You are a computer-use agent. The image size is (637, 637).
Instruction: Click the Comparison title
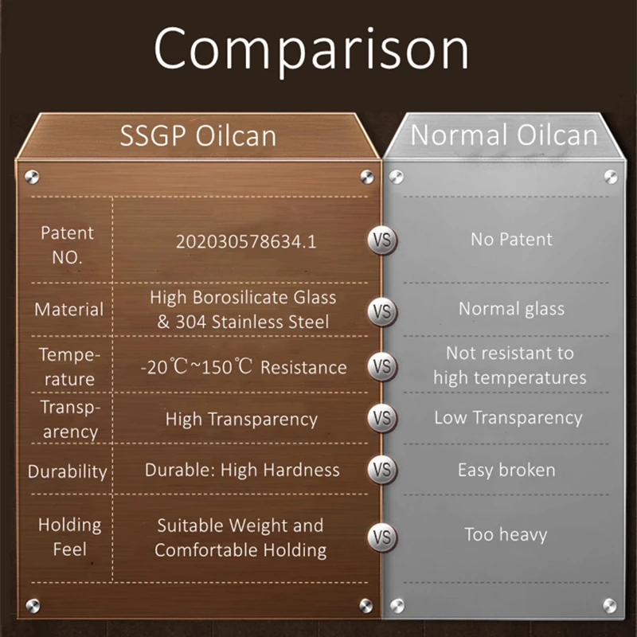311,50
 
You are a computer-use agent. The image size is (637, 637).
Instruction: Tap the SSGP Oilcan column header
198,135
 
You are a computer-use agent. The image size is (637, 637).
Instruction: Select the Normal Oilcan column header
504,135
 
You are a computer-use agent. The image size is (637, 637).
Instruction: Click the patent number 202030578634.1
246,242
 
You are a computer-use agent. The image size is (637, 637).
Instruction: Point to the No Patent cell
511,240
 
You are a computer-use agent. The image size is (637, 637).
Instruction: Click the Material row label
69,309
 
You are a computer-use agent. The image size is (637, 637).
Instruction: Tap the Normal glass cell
511,309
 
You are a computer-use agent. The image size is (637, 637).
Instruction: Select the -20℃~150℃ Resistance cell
244,367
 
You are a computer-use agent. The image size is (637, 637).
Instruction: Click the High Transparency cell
241,420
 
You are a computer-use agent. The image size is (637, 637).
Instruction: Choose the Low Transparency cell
508,417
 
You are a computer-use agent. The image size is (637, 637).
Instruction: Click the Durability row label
68,471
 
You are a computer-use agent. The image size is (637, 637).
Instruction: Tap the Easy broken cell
506,470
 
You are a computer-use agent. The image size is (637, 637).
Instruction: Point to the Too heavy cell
506,534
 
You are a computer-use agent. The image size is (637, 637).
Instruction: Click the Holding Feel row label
69,537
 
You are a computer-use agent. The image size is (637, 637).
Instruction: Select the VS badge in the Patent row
382,240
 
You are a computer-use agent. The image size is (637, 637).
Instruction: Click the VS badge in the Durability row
382,470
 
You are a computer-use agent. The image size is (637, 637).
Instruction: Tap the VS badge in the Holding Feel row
382,537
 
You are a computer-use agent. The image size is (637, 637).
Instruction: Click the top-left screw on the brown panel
32,177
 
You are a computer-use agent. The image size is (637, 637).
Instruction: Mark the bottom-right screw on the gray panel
610,606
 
